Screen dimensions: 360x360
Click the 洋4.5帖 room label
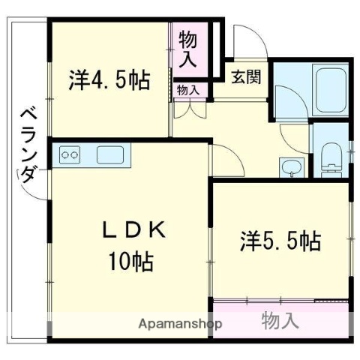click(x=109, y=79)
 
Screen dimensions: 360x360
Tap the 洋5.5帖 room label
click(x=280, y=241)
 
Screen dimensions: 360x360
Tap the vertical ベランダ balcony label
click(x=27, y=146)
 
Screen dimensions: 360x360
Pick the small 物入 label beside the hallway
click(x=188, y=90)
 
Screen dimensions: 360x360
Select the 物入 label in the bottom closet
click(x=280, y=321)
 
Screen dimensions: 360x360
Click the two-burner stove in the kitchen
click(x=70, y=155)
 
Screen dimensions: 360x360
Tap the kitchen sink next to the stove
click(x=110, y=156)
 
